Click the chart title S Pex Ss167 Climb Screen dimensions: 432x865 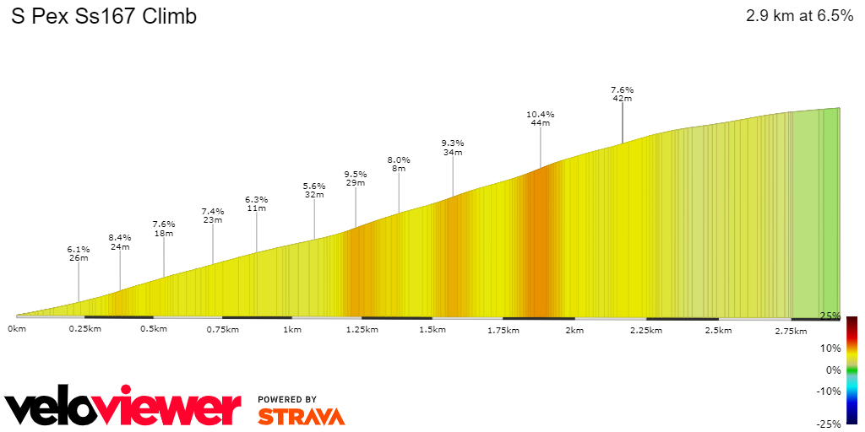pos(104,16)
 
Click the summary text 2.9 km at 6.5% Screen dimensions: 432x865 pos(799,16)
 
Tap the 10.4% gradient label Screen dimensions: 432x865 pos(540,114)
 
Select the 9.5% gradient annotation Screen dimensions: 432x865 pos(356,175)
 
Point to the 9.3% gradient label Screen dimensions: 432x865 pos(453,143)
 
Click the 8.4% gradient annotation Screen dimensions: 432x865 pos(120,238)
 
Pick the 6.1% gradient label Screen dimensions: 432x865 pos(79,250)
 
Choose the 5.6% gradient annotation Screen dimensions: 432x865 pos(314,186)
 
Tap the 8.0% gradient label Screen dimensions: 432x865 pos(399,160)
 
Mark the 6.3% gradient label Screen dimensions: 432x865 pos(257,200)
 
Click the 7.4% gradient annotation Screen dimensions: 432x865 pos(213,211)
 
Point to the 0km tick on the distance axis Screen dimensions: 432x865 pos(17,330)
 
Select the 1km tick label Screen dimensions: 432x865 pos(293,330)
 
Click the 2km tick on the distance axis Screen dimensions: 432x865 pos(574,330)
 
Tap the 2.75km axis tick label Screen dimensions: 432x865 pos(791,331)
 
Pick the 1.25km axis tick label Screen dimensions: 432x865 pos(362,330)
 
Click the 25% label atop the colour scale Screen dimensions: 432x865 pos(830,316)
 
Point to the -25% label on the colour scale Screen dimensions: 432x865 pos(828,424)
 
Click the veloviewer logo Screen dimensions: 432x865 pos(123,408)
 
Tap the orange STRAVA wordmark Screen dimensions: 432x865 pos(301,416)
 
